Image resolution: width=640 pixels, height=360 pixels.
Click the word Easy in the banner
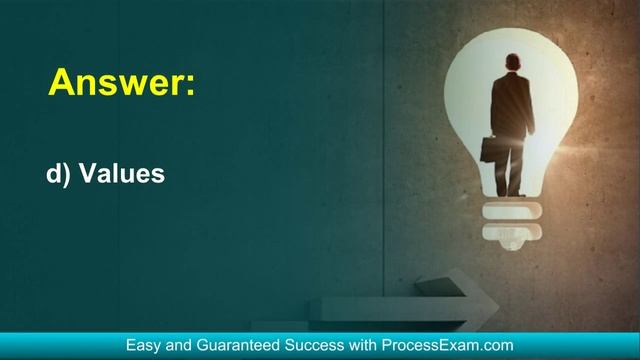point(145,345)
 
